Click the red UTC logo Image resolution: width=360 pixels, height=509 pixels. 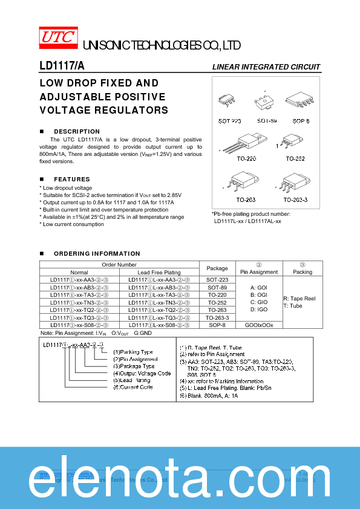coord(58,37)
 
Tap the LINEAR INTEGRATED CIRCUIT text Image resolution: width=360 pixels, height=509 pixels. coord(266,67)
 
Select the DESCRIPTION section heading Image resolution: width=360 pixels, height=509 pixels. coord(77,131)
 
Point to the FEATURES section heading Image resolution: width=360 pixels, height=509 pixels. coord(72,180)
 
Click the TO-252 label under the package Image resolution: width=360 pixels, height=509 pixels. coord(297,158)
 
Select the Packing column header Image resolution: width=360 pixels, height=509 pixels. coord(303,272)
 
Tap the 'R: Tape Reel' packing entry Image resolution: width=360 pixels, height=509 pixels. coord(299,299)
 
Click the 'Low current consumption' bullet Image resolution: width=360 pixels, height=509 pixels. coord(73,224)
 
